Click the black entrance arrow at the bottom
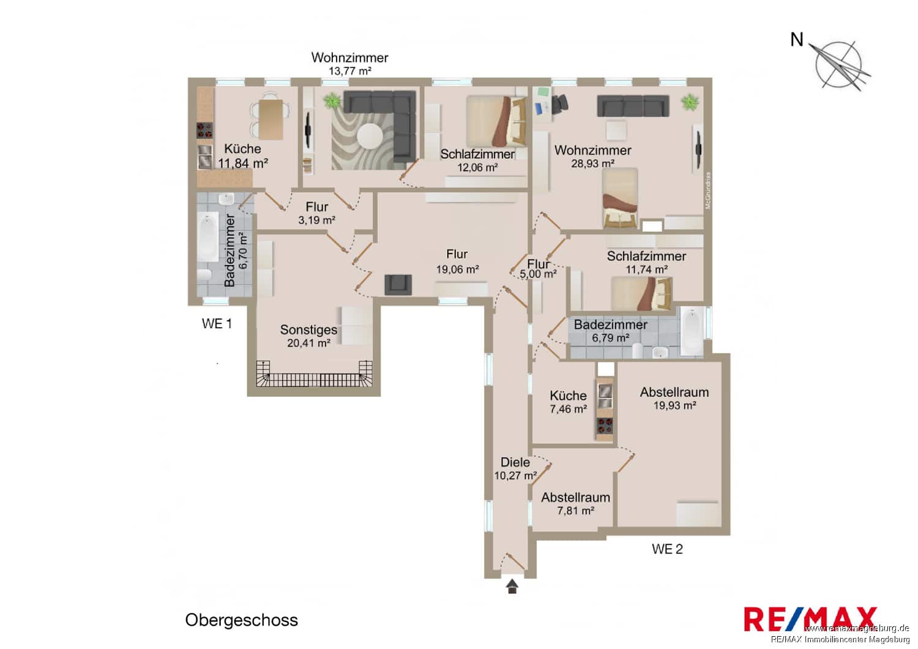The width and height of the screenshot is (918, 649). [x=512, y=587]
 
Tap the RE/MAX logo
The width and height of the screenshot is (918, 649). [x=810, y=619]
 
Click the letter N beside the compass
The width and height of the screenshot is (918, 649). [x=796, y=40]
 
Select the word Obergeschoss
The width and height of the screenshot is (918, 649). [x=241, y=620]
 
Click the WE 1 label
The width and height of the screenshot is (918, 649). [x=217, y=324]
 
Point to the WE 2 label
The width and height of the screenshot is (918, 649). [x=666, y=549]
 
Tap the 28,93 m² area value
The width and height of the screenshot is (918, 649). [x=592, y=163]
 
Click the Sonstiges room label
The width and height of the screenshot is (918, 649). [x=308, y=329]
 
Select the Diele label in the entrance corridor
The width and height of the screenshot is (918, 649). [x=515, y=462]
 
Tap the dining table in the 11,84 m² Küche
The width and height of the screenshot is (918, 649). [x=271, y=119]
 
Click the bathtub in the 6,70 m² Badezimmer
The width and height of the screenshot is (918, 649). [x=207, y=236]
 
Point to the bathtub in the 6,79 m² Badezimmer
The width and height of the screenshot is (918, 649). [x=692, y=331]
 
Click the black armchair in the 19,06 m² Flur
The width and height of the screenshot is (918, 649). [x=398, y=284]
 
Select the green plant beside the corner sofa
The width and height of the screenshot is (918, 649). [x=332, y=100]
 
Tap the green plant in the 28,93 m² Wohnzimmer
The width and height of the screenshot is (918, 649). [x=690, y=102]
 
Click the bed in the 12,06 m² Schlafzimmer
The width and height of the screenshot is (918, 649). [x=496, y=121]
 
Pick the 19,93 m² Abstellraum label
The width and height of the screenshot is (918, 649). [x=674, y=392]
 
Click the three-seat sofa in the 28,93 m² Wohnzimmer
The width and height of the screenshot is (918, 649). [x=633, y=106]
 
